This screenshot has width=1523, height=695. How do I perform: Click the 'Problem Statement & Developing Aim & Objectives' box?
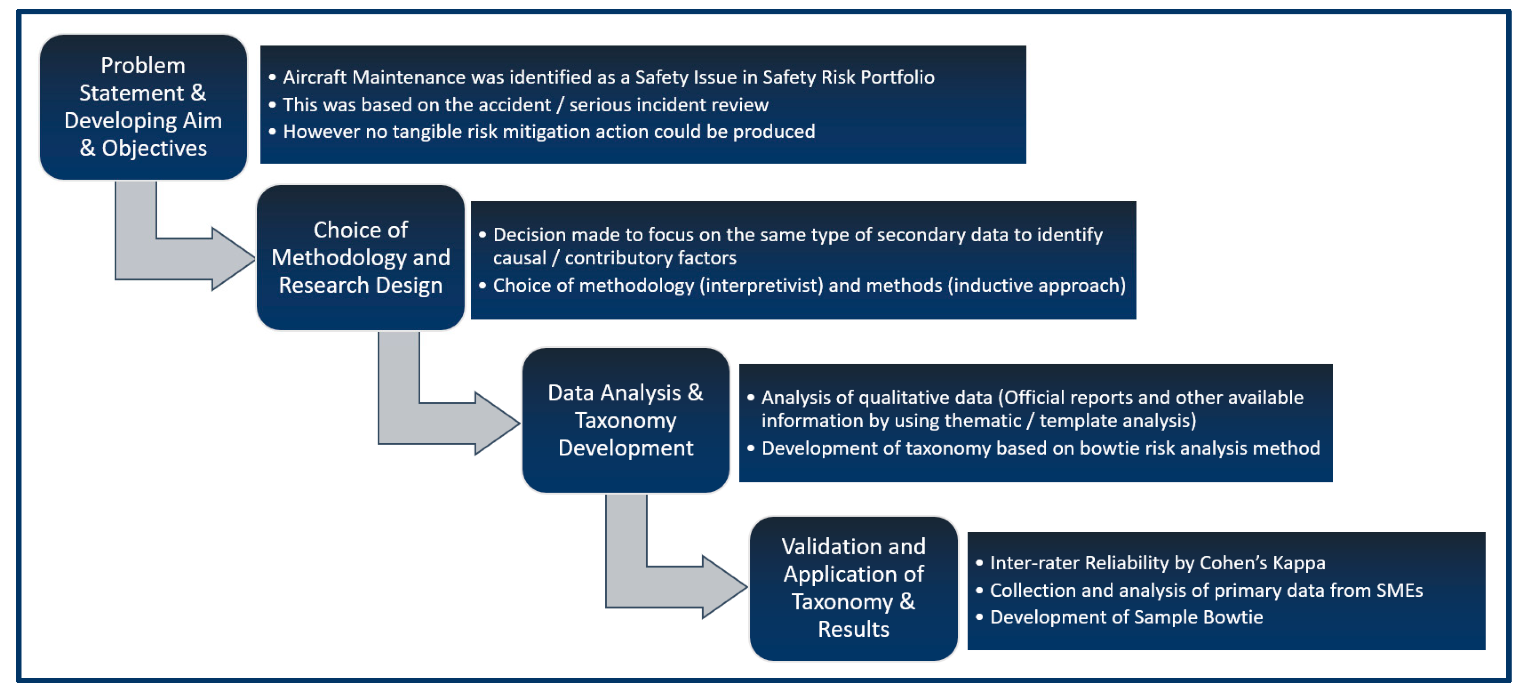point(143,107)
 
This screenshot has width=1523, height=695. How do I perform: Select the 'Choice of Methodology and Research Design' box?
point(361,258)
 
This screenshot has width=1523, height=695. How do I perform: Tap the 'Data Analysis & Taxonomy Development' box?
point(626,420)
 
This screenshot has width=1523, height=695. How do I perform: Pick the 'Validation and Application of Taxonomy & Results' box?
point(853,588)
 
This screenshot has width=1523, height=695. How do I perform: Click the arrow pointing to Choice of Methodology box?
point(177,258)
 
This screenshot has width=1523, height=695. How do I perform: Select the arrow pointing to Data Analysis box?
point(441,422)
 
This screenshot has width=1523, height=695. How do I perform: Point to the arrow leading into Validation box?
point(668,586)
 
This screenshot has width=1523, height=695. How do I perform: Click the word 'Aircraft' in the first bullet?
point(315,78)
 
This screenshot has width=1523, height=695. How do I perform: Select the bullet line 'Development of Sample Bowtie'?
point(1126,617)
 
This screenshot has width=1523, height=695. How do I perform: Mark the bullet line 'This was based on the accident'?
point(525,105)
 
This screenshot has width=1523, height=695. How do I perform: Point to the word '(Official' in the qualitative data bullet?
point(1037,398)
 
